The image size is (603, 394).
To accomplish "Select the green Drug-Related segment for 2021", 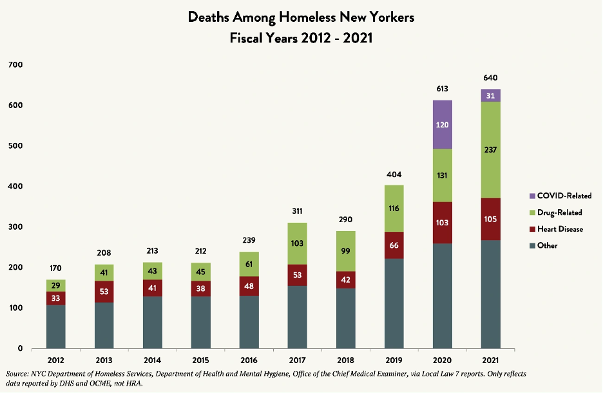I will (490, 149).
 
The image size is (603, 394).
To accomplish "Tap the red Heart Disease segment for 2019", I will (394, 245).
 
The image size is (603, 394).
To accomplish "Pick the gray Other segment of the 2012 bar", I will (55, 326).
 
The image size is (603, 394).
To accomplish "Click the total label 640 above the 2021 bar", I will (490, 78).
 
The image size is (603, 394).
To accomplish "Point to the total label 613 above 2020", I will (442, 89).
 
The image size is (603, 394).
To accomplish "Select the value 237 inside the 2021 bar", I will (490, 149).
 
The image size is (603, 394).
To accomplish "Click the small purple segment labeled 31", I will (490, 95).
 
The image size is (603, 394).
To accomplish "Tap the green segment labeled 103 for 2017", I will (297, 243).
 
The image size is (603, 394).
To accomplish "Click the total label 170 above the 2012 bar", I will (55, 269).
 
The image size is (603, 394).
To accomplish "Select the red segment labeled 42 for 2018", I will (345, 280).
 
